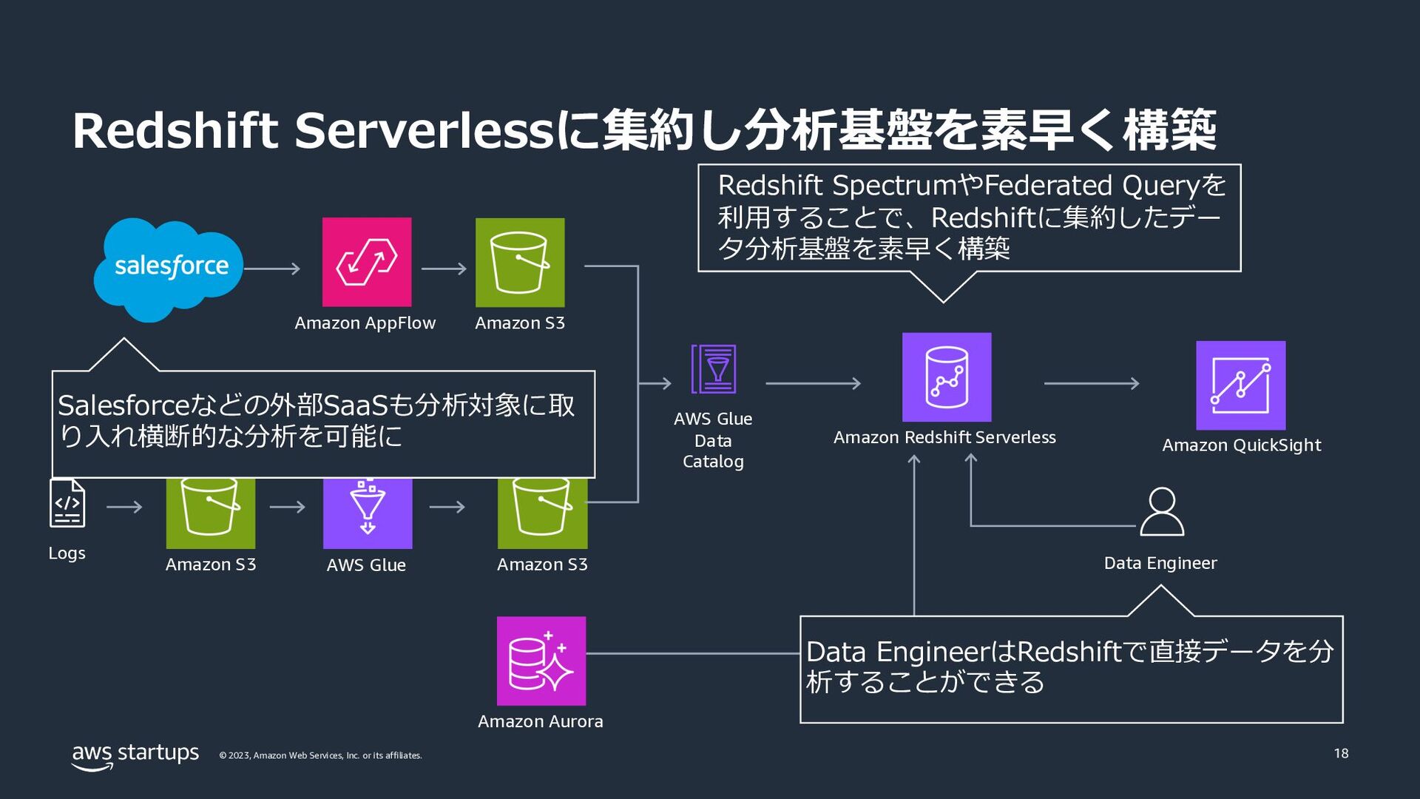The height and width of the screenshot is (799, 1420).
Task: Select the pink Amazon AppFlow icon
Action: coord(367,262)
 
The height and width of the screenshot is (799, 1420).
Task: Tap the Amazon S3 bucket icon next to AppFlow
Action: coord(520,262)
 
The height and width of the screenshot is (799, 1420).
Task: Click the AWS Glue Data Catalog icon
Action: coord(714,368)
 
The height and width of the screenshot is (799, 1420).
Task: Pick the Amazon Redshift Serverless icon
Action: coord(947,377)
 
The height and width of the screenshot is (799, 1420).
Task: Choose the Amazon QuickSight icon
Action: coord(1241,385)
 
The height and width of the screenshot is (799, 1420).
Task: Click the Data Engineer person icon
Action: coord(1162,511)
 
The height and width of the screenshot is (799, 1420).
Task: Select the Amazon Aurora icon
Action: coord(541,661)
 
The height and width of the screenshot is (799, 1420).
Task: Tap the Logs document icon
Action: coord(67,503)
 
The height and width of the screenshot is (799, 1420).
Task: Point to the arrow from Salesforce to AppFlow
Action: coord(272,269)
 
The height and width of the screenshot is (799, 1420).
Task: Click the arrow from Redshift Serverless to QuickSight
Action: coord(1092,383)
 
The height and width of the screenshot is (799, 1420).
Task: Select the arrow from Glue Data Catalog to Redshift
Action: coord(814,383)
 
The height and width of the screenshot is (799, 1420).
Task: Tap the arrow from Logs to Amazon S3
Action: coord(124,507)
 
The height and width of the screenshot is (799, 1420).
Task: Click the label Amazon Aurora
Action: coord(541,721)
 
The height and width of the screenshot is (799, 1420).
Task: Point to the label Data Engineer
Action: coord(1160,563)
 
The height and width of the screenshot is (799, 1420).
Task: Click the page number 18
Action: coord(1342,753)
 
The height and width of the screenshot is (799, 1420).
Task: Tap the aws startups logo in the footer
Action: coord(135,756)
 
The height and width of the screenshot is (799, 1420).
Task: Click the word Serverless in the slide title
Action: coord(425,130)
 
